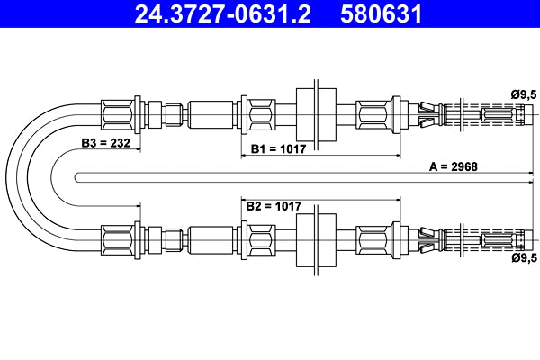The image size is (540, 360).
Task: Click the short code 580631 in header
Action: (382, 15)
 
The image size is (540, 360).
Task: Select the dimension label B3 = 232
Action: (107, 143)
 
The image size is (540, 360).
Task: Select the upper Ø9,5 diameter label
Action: (523, 94)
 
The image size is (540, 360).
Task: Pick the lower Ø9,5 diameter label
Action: (523, 258)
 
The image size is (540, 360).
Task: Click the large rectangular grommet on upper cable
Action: (316, 114)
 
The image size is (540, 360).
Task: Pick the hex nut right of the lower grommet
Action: (373, 240)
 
